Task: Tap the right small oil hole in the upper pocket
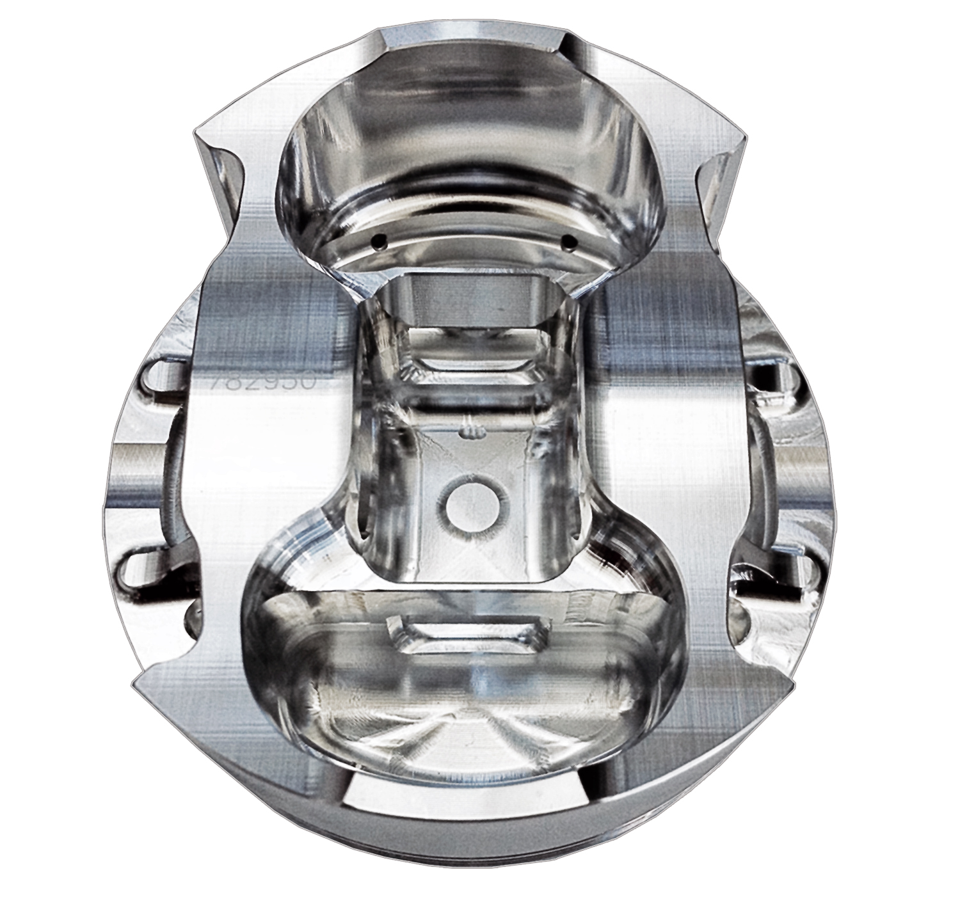pyautogui.click(x=568, y=241)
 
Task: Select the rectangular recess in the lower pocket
pyautogui.click(x=468, y=636)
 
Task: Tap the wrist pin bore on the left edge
pyautogui.click(x=131, y=473)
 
